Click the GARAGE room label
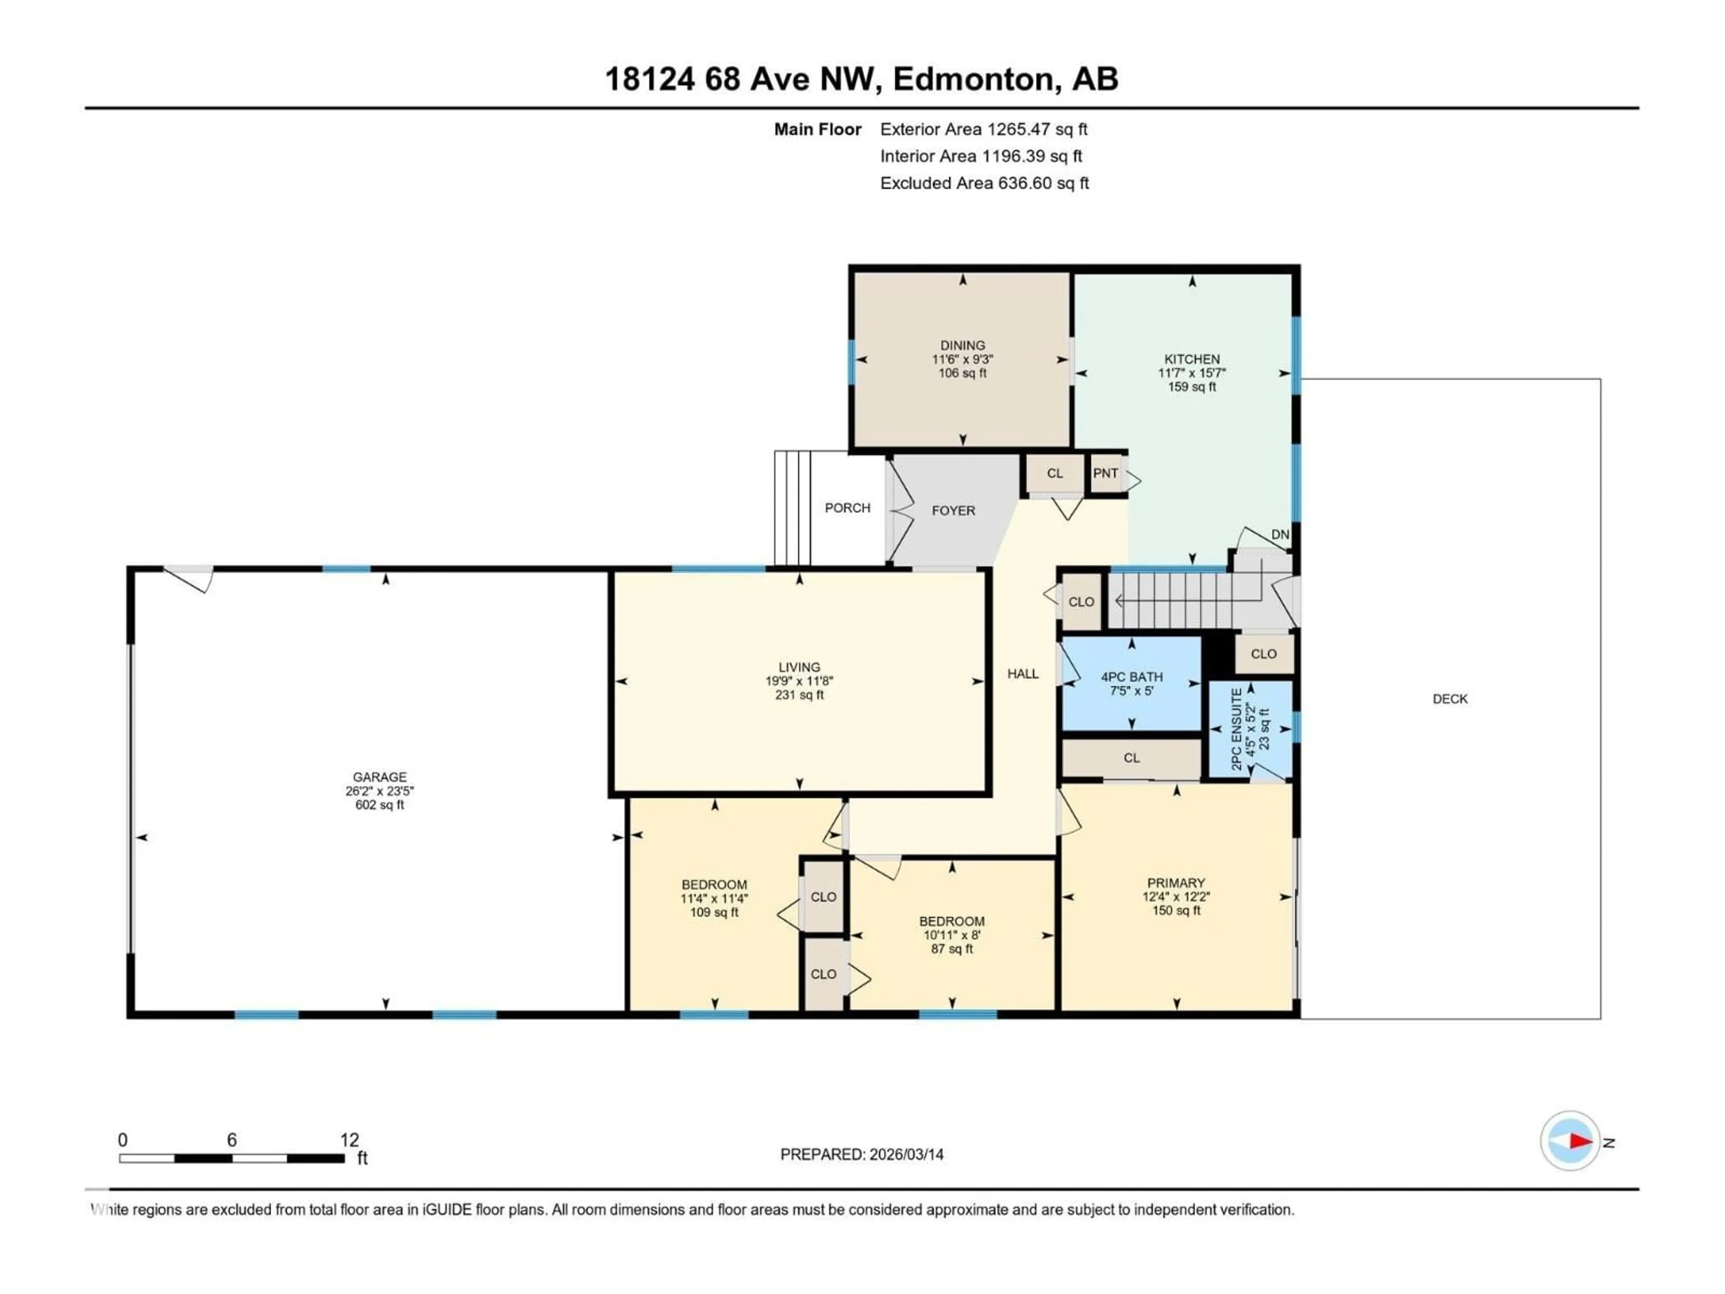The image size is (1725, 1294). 379,777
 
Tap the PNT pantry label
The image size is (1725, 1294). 1105,474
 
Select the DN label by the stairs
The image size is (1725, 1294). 1280,535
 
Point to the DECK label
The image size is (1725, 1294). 1450,699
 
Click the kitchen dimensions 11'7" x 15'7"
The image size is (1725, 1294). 1192,373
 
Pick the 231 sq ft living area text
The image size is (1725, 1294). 799,695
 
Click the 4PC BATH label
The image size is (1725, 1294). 1132,677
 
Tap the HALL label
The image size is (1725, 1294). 1022,674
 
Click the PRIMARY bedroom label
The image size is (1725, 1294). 1176,883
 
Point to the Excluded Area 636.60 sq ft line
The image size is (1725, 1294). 984,183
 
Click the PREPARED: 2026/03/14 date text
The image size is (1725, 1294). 862,1154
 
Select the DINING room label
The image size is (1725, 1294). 962,345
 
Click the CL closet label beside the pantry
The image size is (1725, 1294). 1054,474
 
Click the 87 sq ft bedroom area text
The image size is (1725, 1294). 951,949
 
